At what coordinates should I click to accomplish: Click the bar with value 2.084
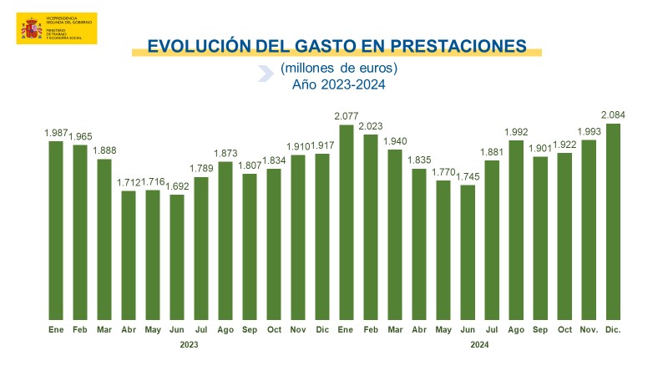point(614,221)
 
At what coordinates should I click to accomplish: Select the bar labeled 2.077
point(347,221)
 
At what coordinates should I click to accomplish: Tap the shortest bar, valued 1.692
point(177,256)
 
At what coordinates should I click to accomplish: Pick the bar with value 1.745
point(468,252)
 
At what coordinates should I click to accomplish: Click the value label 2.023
point(371,127)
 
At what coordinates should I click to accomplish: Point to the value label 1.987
point(56,134)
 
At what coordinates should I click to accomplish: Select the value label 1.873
point(225,155)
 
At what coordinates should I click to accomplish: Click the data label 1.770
point(443,173)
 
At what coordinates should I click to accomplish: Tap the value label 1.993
point(590,133)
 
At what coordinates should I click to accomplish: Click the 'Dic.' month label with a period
point(614,330)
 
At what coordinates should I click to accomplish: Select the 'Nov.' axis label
point(590,330)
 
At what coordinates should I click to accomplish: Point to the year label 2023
point(189,344)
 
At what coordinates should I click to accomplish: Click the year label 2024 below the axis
point(479,344)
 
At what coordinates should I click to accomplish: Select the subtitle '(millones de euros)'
point(339,68)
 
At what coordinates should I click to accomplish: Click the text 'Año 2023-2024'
point(339,84)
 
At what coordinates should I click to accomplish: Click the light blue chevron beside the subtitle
point(266,73)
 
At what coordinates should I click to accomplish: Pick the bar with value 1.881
point(492,240)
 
